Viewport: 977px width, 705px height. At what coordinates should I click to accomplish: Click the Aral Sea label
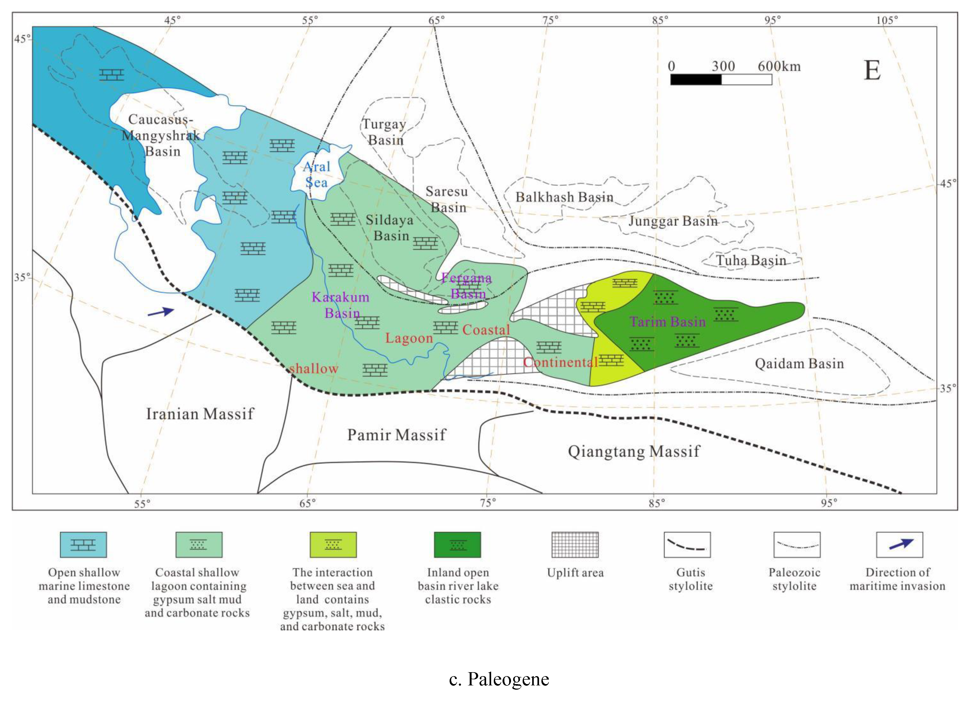point(316,174)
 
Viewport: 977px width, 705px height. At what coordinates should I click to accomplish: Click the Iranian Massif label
point(200,414)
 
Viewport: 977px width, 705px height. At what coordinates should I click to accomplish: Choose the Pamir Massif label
point(396,435)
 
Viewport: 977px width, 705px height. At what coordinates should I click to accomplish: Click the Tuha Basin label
point(751,260)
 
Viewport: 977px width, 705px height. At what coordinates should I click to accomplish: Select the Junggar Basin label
point(673,221)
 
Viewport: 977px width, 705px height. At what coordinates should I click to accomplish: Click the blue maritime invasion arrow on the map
point(161,312)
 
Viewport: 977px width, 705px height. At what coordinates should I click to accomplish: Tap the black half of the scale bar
point(696,80)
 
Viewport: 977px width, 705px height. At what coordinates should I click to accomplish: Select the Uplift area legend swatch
point(575,545)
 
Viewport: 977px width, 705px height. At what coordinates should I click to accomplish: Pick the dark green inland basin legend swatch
point(457,545)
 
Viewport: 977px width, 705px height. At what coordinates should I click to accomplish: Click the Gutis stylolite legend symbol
point(687,545)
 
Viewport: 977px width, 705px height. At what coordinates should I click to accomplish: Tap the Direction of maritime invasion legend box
point(899,545)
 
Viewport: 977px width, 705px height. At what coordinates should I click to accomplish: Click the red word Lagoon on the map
point(409,338)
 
